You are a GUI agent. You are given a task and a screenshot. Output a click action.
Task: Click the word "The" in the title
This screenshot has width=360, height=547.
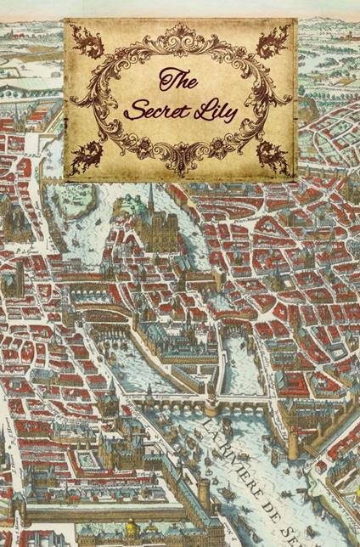click(179, 82)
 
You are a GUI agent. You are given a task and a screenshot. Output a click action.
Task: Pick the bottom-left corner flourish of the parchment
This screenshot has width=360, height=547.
click(86, 155)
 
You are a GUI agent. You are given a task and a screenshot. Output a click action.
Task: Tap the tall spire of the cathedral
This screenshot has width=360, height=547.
click(150, 197)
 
